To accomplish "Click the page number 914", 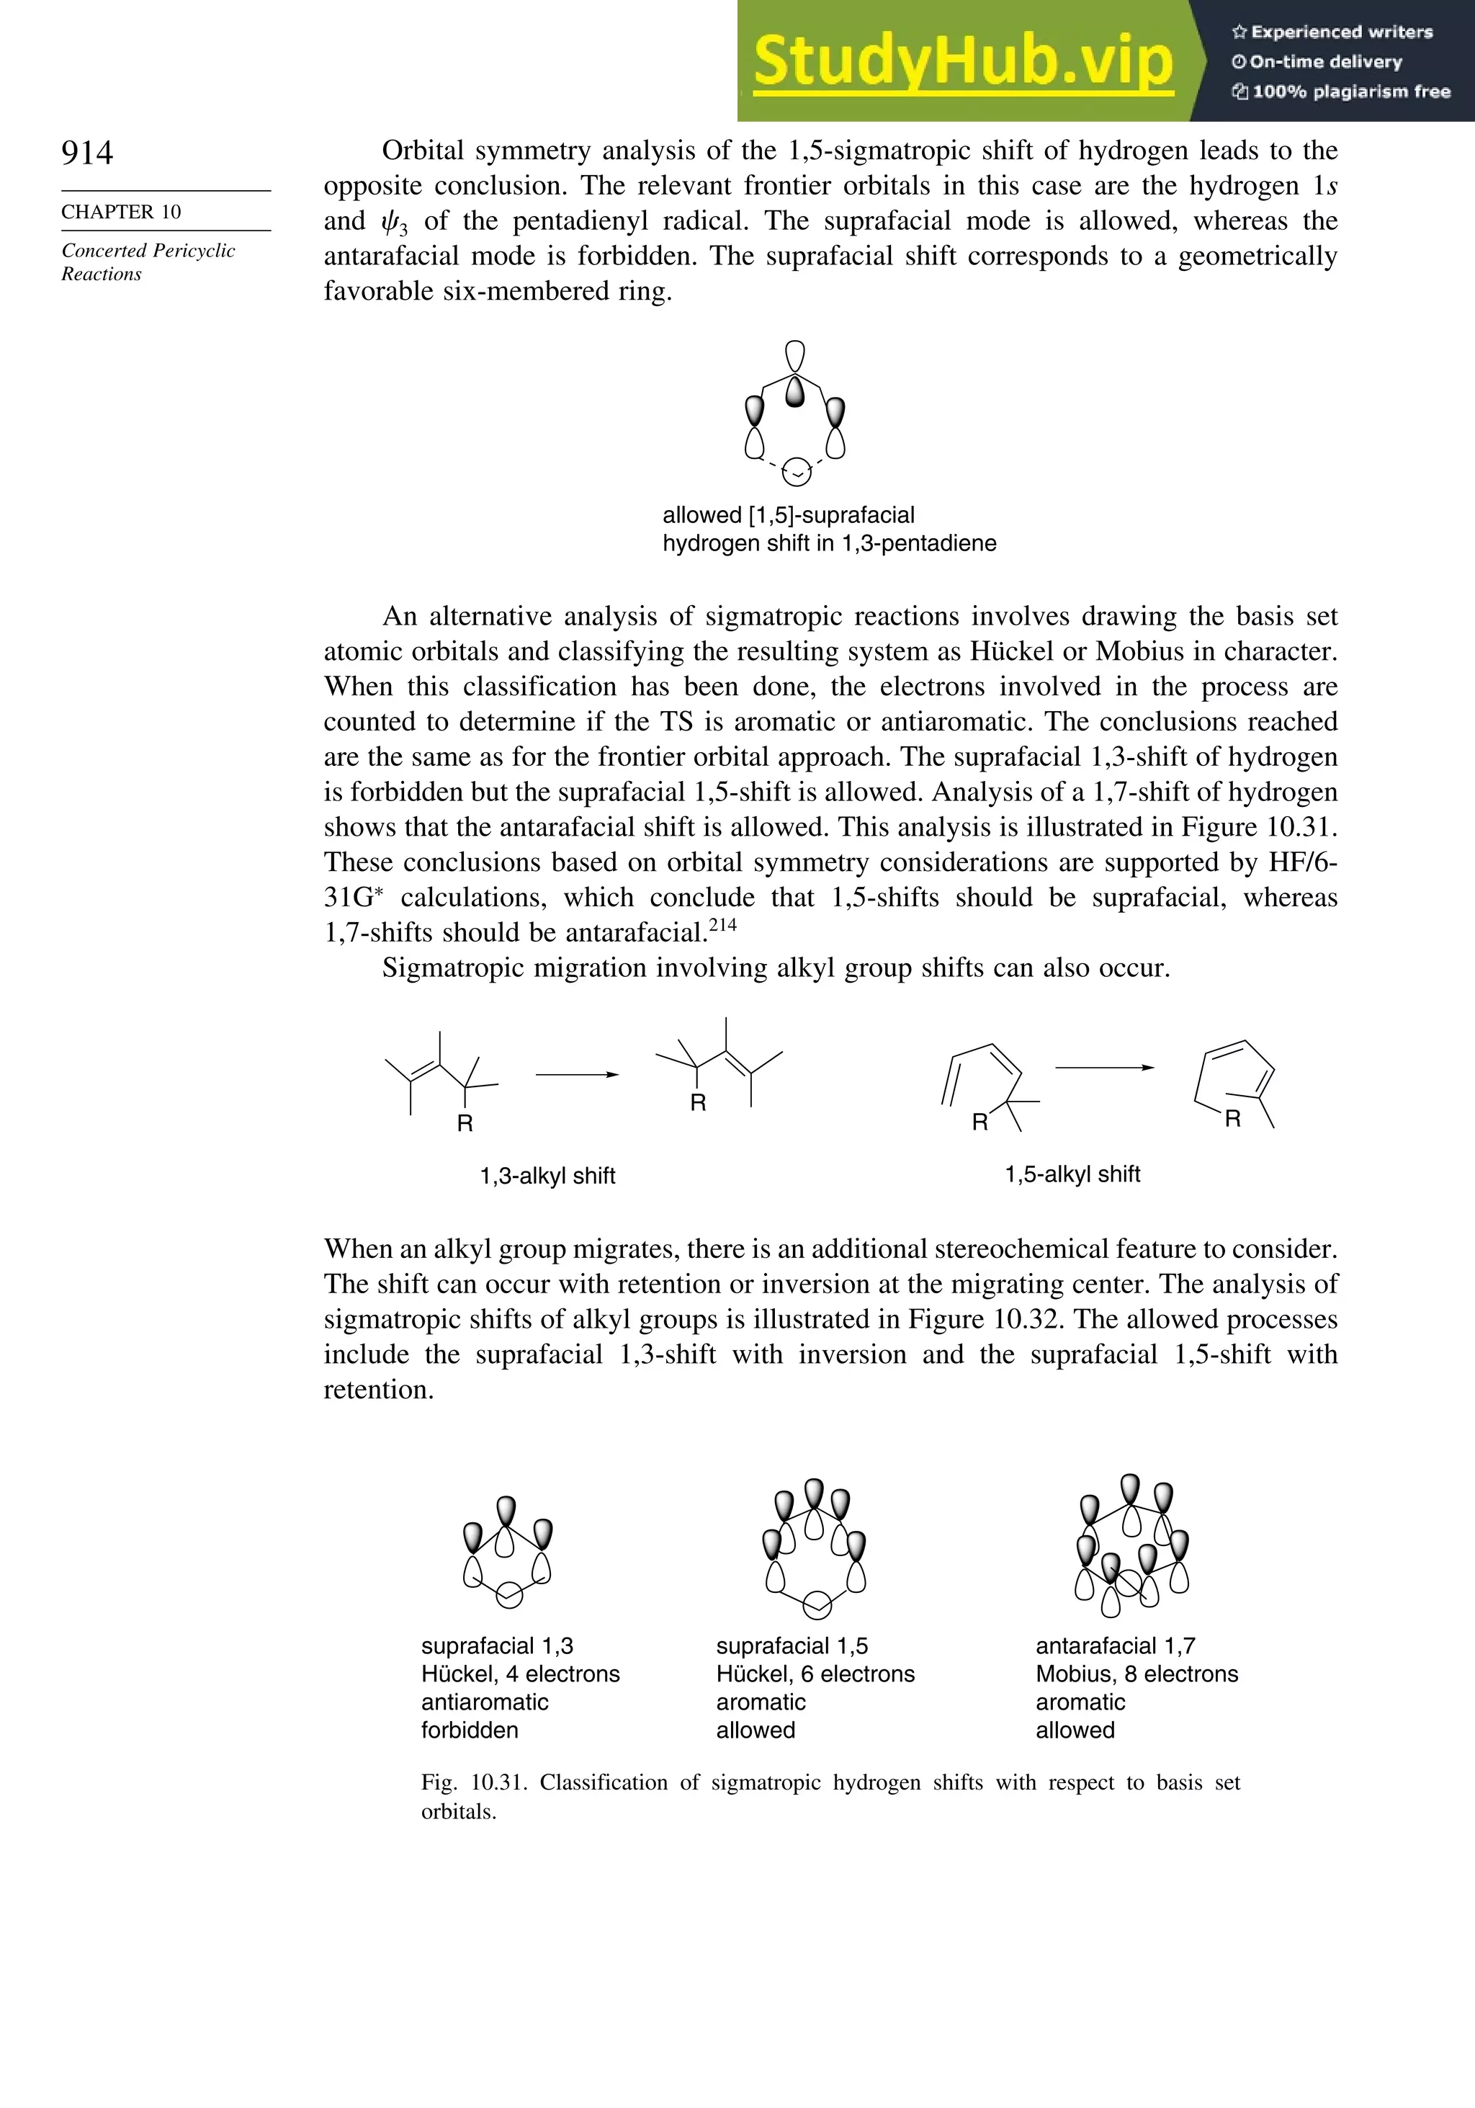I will [87, 153].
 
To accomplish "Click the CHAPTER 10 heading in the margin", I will [121, 212].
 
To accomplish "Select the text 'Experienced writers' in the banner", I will [1341, 32].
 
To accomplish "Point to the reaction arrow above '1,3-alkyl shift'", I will [576, 1074].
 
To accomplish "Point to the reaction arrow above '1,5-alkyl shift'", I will [1103, 1068].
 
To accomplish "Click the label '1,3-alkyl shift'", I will [547, 1176].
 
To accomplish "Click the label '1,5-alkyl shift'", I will [1072, 1174].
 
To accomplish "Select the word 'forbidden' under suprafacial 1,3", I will [470, 1730].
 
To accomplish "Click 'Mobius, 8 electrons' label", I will [1136, 1674].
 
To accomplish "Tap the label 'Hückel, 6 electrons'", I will [815, 1674].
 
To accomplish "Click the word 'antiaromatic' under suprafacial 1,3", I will [485, 1702].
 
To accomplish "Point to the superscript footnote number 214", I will [722, 924].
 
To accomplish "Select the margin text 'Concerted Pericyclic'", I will [148, 251].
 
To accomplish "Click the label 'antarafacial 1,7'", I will [1115, 1646].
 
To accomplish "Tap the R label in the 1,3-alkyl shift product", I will [699, 1103].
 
